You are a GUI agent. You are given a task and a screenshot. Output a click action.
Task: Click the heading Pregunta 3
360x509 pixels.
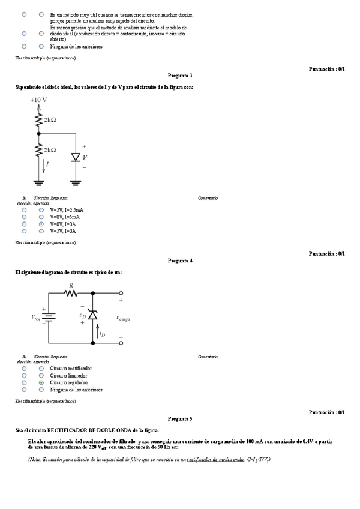pyautogui.click(x=180, y=76)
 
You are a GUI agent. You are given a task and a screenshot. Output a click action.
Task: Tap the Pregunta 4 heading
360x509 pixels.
pyautogui.click(x=180, y=261)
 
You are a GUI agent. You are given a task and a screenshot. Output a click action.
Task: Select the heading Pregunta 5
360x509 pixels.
pyautogui.click(x=180, y=418)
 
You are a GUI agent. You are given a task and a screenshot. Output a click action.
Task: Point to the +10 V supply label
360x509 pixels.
pyautogui.click(x=38, y=100)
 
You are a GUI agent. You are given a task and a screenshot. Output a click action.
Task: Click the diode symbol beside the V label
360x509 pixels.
pyautogui.click(x=76, y=157)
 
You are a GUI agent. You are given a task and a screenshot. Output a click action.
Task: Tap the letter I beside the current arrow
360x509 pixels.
pyautogui.click(x=47, y=163)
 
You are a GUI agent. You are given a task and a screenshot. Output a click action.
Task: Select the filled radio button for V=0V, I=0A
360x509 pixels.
pyautogui.click(x=41, y=224)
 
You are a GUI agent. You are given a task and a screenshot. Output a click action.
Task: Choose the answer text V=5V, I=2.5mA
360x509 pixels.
pyautogui.click(x=67, y=210)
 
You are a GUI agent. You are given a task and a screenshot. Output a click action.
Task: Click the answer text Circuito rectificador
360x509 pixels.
pyautogui.click(x=71, y=368)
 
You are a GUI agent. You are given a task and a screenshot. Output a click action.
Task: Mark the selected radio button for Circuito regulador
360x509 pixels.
pyautogui.click(x=41, y=382)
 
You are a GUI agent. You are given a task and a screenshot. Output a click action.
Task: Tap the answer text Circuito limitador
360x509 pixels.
pyautogui.click(x=69, y=375)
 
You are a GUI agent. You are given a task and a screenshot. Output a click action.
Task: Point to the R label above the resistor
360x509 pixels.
pyautogui.click(x=71, y=286)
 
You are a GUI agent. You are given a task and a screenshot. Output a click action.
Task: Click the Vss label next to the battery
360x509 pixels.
pyautogui.click(x=37, y=317)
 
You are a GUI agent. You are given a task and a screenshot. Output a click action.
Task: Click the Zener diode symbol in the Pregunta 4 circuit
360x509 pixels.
pyautogui.click(x=92, y=315)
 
